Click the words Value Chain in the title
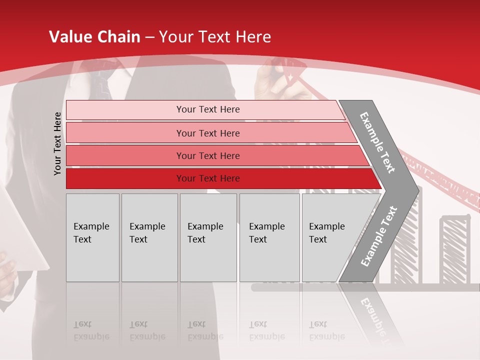click(x=94, y=37)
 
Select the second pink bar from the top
click(x=208, y=133)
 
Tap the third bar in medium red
click(x=208, y=155)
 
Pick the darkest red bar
click(x=208, y=178)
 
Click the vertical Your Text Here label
click(x=57, y=143)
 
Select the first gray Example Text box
click(x=92, y=237)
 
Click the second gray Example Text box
click(x=149, y=237)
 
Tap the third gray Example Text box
click(x=208, y=237)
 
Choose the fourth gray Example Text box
click(x=269, y=237)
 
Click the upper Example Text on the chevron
click(x=377, y=142)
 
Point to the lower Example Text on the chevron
click(x=379, y=236)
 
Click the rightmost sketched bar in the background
click(x=455, y=250)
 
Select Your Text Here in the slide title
click(x=215, y=37)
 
